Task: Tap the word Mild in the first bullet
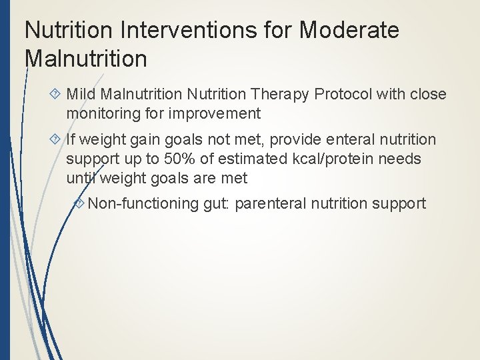click(x=81, y=94)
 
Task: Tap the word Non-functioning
click(x=143, y=203)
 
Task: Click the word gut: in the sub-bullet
click(x=216, y=203)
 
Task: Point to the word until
click(x=81, y=178)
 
